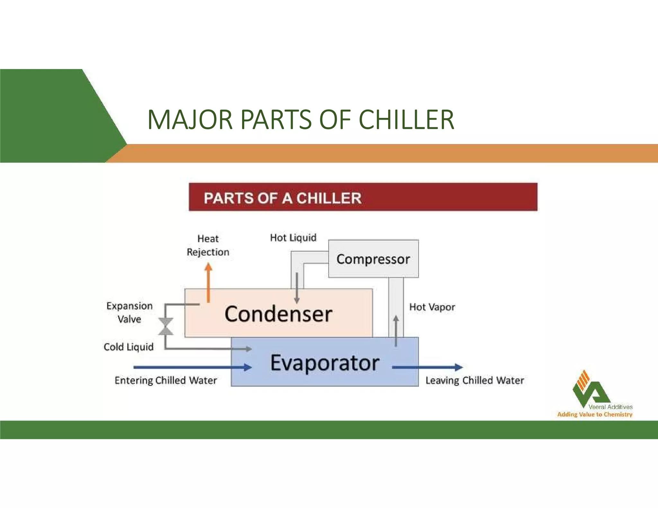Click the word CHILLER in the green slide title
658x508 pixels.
pyautogui.click(x=406, y=119)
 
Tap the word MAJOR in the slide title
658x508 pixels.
pyautogui.click(x=190, y=119)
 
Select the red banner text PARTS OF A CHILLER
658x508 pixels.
pyautogui.click(x=282, y=198)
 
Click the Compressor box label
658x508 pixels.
pyautogui.click(x=373, y=259)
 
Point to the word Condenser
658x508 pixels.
pyautogui.click(x=278, y=314)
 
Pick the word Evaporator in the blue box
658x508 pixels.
pyautogui.click(x=325, y=363)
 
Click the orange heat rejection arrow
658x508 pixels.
pyautogui.click(x=209, y=283)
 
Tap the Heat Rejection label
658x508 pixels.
pyautogui.click(x=208, y=245)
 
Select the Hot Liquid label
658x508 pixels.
pyautogui.click(x=293, y=238)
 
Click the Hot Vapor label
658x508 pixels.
pyautogui.click(x=432, y=307)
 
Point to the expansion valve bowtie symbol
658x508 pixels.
pyautogui.click(x=166, y=326)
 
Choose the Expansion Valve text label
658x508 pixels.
pyautogui.click(x=129, y=312)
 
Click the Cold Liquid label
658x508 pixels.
pyautogui.click(x=129, y=347)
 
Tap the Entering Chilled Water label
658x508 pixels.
pyautogui.click(x=165, y=380)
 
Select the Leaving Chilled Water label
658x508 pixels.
pyautogui.click(x=475, y=380)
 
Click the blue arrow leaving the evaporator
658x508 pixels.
pyautogui.click(x=427, y=367)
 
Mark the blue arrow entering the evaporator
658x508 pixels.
pyautogui.click(x=193, y=367)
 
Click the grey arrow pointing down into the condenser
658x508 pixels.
pyautogui.click(x=297, y=288)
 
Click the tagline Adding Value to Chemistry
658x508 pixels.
pyautogui.click(x=595, y=414)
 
